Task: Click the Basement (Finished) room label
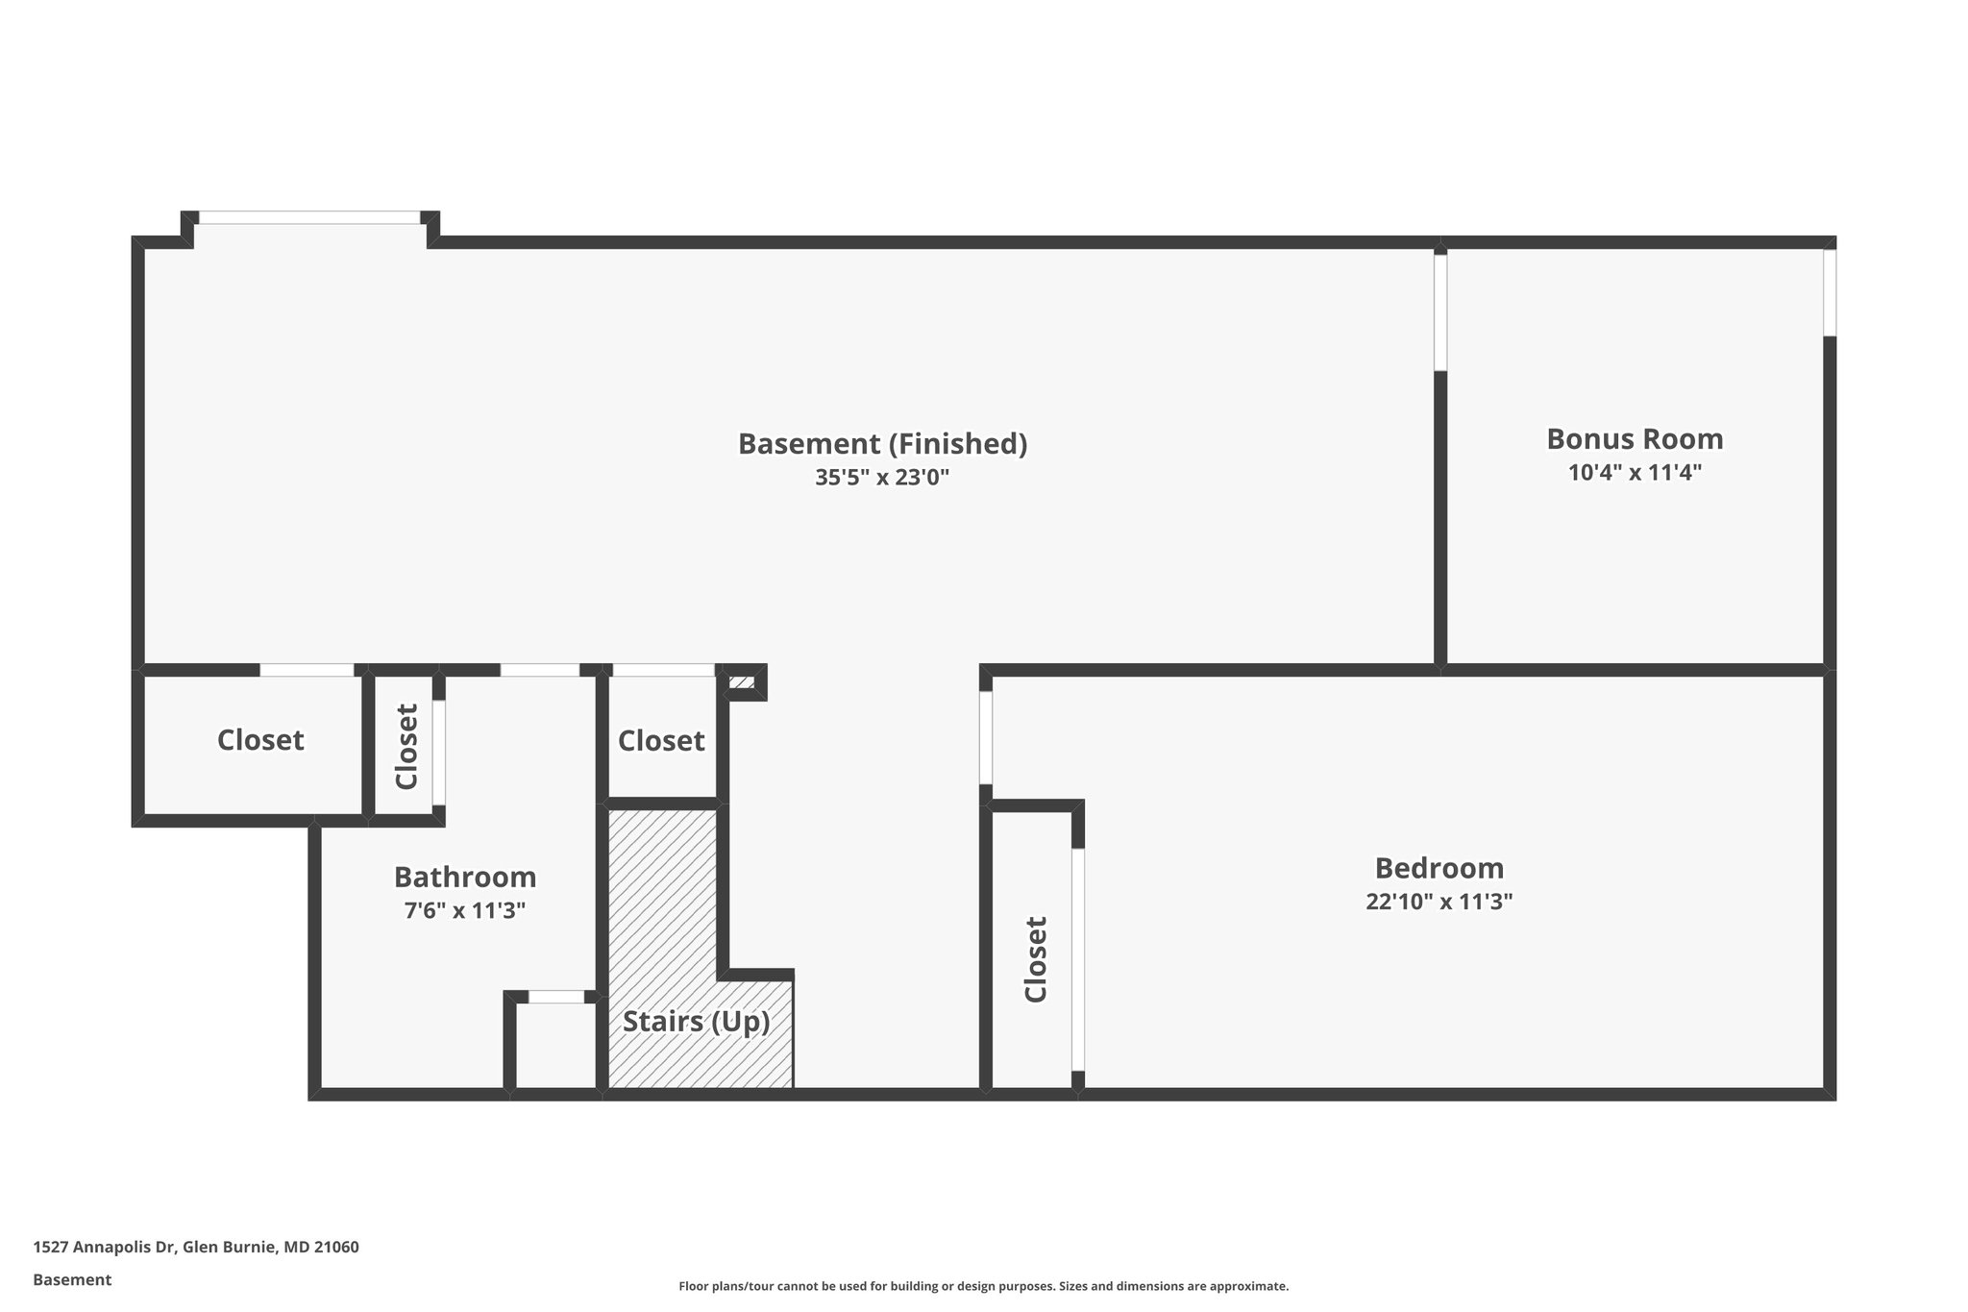point(882,444)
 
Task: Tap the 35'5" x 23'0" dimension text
point(882,478)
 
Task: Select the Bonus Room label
point(1635,439)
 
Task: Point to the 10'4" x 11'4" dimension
point(1635,473)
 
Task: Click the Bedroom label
point(1439,868)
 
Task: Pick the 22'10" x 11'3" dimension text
point(1439,902)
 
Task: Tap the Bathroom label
point(465,877)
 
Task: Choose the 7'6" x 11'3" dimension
point(465,910)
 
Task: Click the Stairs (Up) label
point(696,1021)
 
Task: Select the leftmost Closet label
point(260,740)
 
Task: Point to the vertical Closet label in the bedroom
point(1035,959)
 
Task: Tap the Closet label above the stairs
point(661,740)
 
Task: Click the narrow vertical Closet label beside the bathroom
point(406,747)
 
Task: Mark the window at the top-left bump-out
point(309,218)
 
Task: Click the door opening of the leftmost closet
point(307,670)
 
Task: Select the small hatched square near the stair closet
point(741,683)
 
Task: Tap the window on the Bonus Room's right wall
point(1830,292)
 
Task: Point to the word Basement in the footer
point(72,1279)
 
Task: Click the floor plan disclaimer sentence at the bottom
point(983,1286)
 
